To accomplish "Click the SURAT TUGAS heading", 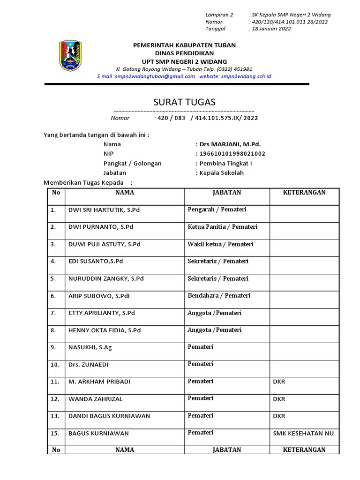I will tap(185, 102).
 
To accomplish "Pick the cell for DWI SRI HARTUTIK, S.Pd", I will tap(104, 210).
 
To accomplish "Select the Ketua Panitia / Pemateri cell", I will tap(222, 227).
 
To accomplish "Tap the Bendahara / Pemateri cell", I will tap(219, 296).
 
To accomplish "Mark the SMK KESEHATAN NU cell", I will tap(303, 433).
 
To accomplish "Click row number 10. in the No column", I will tap(55, 365).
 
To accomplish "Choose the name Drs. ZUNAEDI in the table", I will tap(91, 365).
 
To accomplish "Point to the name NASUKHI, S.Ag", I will tap(90, 347).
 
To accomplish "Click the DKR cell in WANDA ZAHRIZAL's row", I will tap(279, 399).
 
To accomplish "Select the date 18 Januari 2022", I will tap(271, 29).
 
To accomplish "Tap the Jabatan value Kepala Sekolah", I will tap(221, 172).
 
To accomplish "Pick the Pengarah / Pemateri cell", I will tap(217, 210).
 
